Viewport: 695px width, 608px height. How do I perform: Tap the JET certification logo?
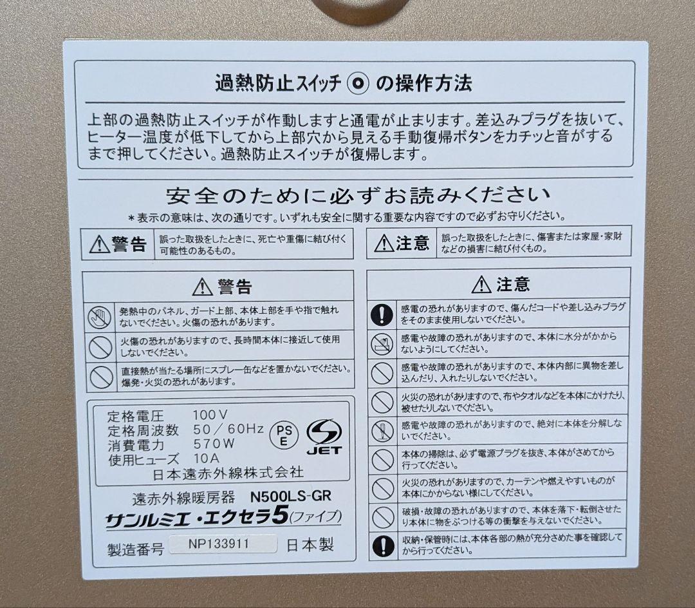pyautogui.click(x=324, y=436)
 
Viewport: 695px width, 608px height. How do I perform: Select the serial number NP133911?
pyautogui.click(x=219, y=544)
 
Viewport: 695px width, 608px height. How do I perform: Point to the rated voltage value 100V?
pyautogui.click(x=210, y=414)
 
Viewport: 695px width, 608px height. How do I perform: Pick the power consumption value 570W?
pyautogui.click(x=214, y=444)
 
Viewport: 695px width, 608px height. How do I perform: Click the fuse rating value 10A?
pyautogui.click(x=207, y=458)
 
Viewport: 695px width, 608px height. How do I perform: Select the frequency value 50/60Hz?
pyautogui.click(x=228, y=429)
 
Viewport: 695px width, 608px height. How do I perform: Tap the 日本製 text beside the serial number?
pyautogui.click(x=310, y=545)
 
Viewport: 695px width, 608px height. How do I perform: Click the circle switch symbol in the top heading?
pyautogui.click(x=357, y=84)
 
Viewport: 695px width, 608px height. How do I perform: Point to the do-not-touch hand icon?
pyautogui.click(x=101, y=316)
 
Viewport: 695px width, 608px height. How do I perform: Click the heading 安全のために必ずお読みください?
pyautogui.click(x=358, y=194)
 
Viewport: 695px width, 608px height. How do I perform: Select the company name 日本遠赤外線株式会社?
pyautogui.click(x=229, y=472)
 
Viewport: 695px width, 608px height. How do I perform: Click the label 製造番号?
pyautogui.click(x=136, y=549)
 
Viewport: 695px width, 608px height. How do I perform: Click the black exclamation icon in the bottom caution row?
pyautogui.click(x=382, y=545)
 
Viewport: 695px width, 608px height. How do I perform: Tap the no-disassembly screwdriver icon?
pyautogui.click(x=382, y=430)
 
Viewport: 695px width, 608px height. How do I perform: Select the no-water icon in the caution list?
pyautogui.click(x=382, y=343)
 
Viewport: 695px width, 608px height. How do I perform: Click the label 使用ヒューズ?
pyautogui.click(x=138, y=458)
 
